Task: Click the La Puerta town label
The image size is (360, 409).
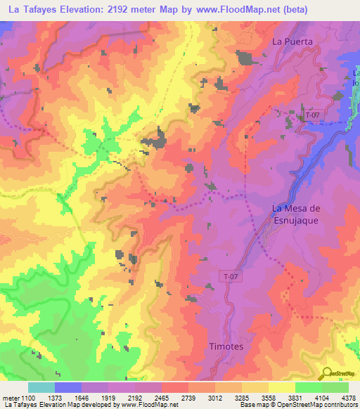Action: click(x=291, y=41)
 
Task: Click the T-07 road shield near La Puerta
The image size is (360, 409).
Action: click(x=313, y=113)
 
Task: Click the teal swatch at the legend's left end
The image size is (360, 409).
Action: click(x=41, y=387)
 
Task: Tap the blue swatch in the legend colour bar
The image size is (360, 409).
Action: click(x=68, y=387)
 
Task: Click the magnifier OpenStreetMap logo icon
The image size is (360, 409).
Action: click(x=328, y=372)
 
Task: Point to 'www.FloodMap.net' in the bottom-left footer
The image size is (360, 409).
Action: click(x=149, y=405)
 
